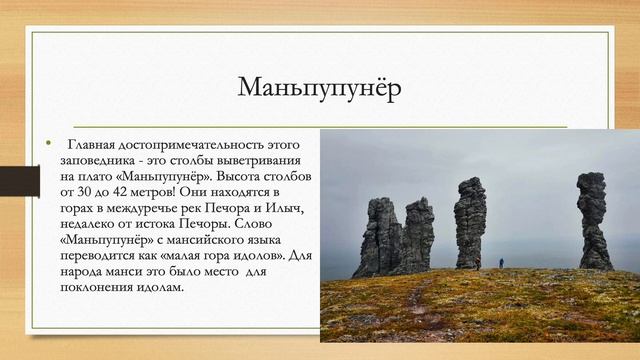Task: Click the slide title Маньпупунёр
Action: [x=320, y=88]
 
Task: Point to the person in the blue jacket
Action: [x=501, y=262]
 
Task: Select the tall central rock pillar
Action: [x=469, y=222]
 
